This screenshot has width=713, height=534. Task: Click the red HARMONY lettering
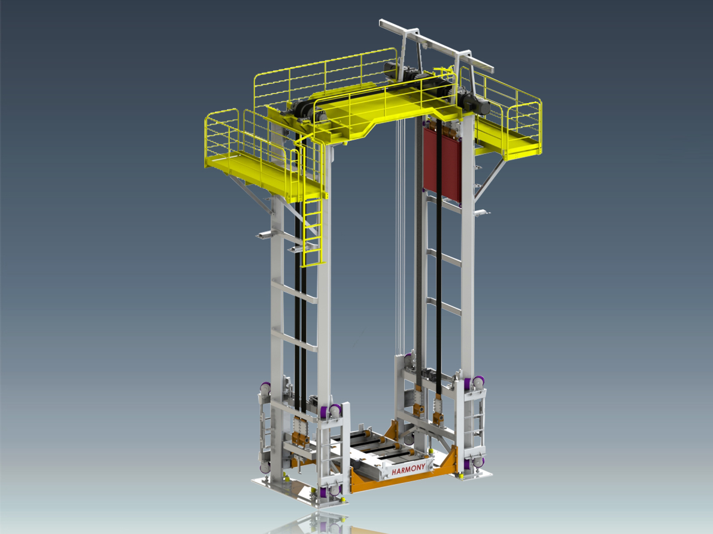[x=408, y=469]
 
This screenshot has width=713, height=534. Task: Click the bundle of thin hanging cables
[x=400, y=237]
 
